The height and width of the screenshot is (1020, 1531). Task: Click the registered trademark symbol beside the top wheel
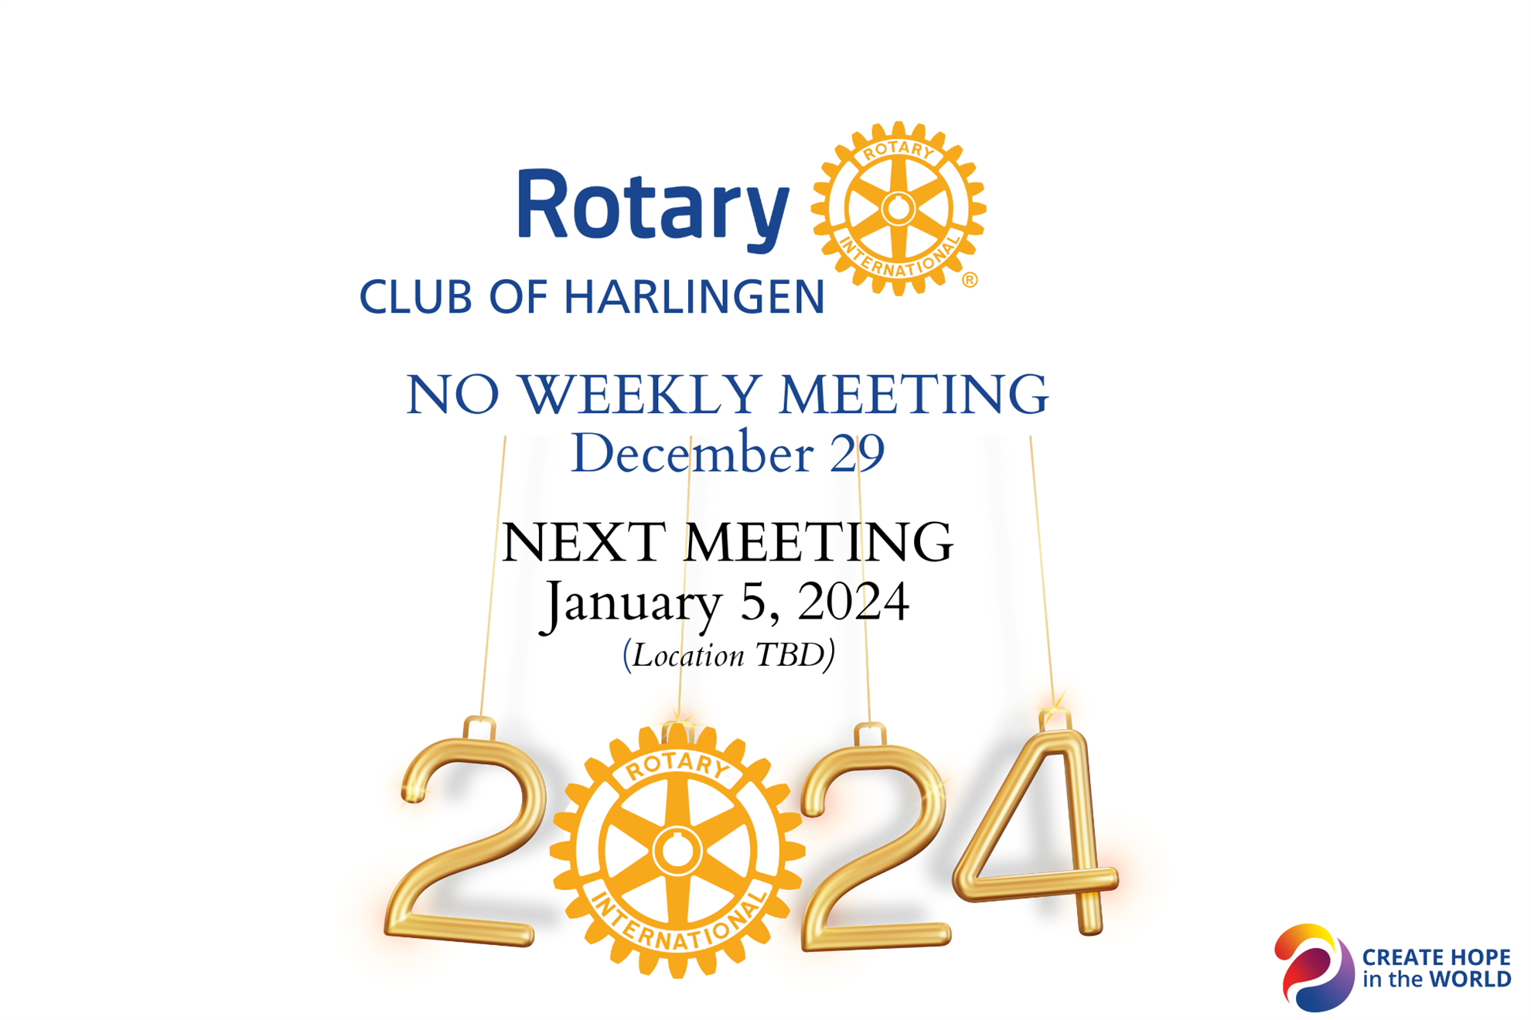(970, 280)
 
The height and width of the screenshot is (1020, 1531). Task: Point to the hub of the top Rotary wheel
(898, 209)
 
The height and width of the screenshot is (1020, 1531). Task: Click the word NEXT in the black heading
(584, 542)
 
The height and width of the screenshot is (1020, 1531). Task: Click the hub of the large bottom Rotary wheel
(677, 851)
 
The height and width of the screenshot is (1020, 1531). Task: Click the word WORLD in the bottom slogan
(1469, 980)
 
